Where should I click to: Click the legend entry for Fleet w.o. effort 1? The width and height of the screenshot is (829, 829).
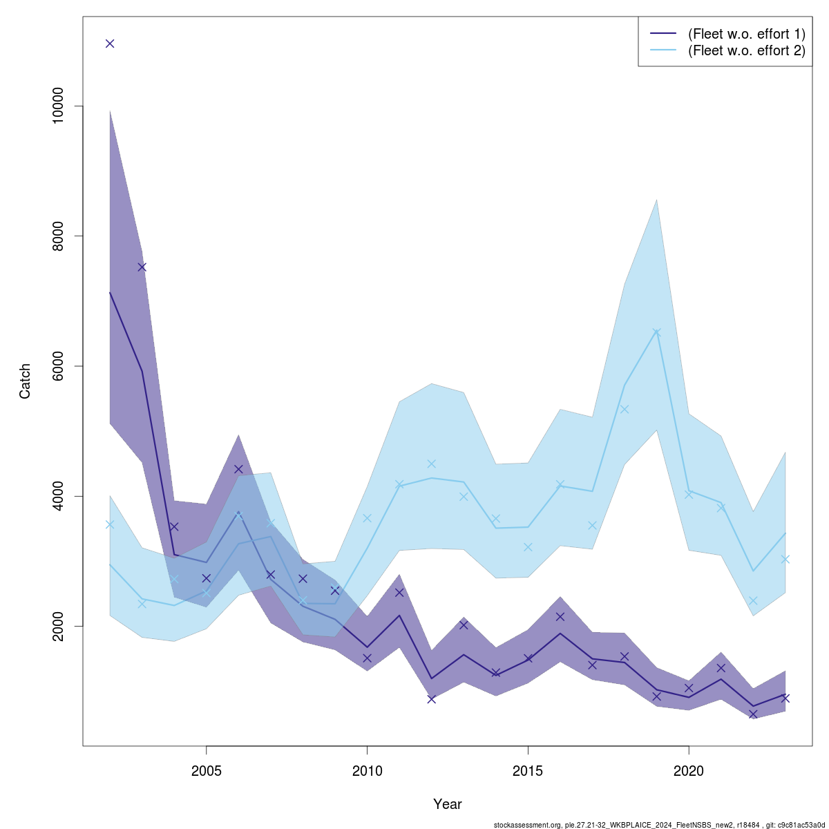point(746,34)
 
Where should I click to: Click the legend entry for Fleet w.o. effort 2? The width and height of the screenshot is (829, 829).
point(746,50)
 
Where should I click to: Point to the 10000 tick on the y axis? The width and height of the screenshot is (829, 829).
point(58,106)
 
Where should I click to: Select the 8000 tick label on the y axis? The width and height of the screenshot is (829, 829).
point(58,236)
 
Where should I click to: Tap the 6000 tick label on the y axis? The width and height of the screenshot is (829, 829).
point(58,366)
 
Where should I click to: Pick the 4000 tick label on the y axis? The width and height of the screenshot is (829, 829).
point(58,496)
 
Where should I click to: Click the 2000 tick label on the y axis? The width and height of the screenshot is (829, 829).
point(58,626)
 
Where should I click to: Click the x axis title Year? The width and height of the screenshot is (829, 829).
point(448,804)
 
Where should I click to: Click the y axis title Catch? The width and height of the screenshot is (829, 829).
point(26,381)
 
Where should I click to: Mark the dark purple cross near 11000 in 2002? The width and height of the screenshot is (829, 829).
point(110,44)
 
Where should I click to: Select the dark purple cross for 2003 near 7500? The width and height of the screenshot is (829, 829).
point(142,267)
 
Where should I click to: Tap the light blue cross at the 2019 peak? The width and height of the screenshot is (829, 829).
point(656,333)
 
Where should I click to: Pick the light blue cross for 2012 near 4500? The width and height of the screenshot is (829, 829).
point(431,464)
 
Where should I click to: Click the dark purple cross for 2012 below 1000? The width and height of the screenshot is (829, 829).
point(431,699)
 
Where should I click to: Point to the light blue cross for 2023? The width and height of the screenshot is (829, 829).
point(785,559)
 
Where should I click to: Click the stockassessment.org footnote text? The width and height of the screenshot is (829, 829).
point(659,824)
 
